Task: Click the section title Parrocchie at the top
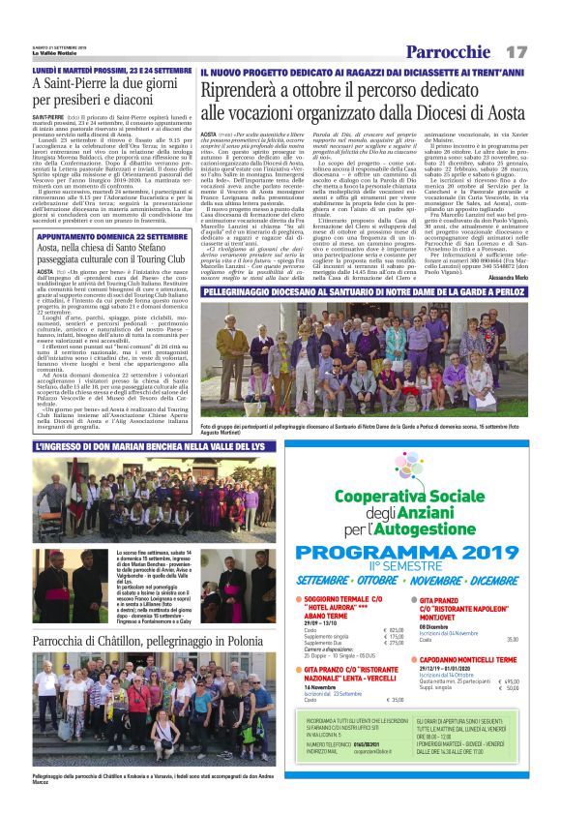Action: pyautogui.click(x=450, y=51)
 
